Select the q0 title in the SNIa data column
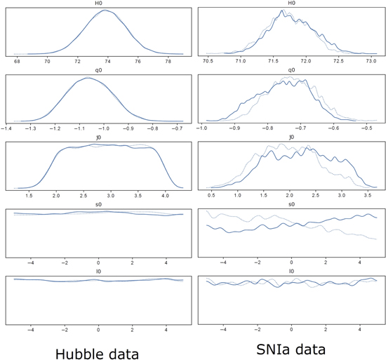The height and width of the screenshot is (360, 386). [x=291, y=70]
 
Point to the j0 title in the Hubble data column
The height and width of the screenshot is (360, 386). [x=98, y=138]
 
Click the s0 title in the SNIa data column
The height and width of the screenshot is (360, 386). [x=291, y=204]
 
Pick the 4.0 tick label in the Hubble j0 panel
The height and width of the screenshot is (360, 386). [x=166, y=194]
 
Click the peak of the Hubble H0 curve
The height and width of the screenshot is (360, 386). [x=103, y=11]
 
